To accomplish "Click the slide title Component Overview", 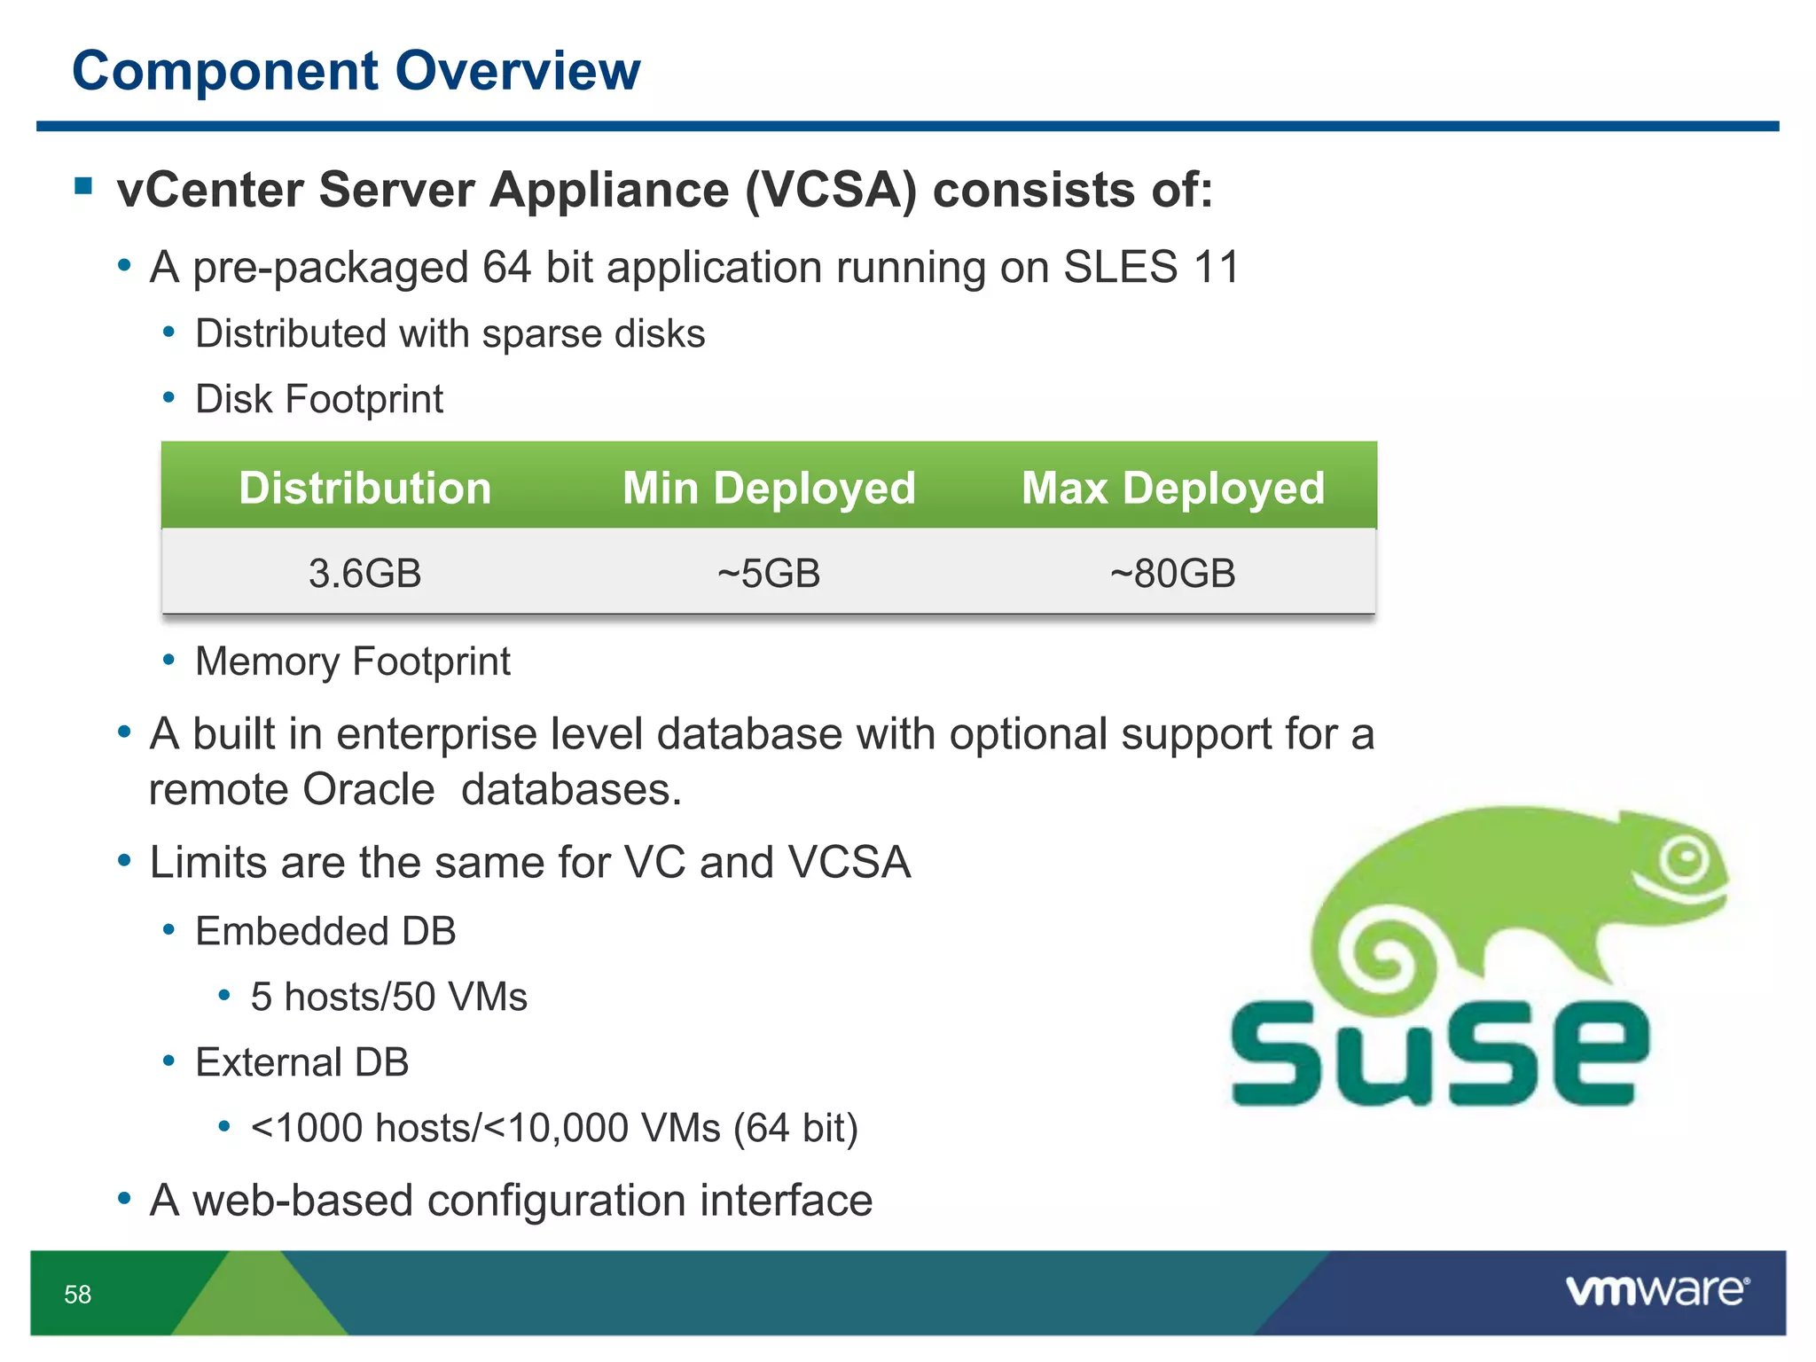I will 356,71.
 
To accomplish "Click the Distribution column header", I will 364,488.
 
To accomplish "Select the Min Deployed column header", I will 769,488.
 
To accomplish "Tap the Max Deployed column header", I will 1173,488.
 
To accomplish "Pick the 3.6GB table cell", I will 364,573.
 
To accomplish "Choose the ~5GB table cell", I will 769,573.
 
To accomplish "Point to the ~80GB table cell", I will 1173,573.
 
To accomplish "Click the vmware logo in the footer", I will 1657,1291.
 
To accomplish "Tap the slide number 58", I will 78,1295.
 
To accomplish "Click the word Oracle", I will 368,789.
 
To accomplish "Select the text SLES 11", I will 1150,267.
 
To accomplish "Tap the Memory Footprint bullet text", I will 352,661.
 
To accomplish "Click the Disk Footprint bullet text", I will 318,399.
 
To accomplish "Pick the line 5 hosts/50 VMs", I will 388,997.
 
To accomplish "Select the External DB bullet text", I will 301,1062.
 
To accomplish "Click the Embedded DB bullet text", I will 325,931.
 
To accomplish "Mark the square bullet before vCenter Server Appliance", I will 84,186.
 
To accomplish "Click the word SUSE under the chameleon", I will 1439,1055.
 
